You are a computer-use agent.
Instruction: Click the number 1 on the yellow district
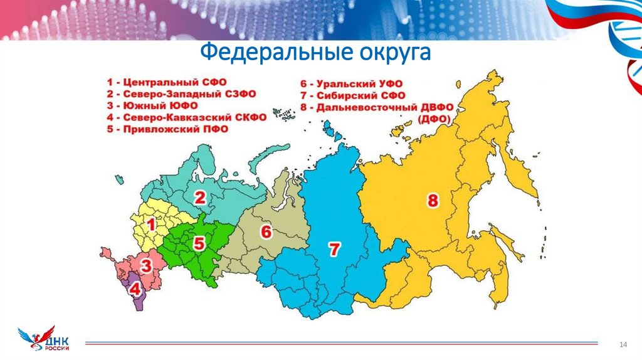pos(150,225)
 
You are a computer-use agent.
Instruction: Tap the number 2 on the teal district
pos(199,198)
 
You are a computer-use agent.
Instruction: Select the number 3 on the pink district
pos(145,266)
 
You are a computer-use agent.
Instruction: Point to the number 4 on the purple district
pos(135,290)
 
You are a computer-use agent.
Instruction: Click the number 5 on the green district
pos(198,243)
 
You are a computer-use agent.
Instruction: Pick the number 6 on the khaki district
pos(266,232)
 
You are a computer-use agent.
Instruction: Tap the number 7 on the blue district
pos(334,249)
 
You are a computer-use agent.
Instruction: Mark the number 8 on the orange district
pos(433,201)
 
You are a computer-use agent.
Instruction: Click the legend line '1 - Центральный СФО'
pos(167,82)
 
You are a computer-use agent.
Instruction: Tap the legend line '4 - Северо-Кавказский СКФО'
pos(187,117)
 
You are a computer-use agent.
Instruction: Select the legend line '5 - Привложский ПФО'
pos(167,129)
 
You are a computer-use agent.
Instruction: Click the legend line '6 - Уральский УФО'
pos(351,84)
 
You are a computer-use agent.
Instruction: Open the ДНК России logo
pos(44,339)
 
